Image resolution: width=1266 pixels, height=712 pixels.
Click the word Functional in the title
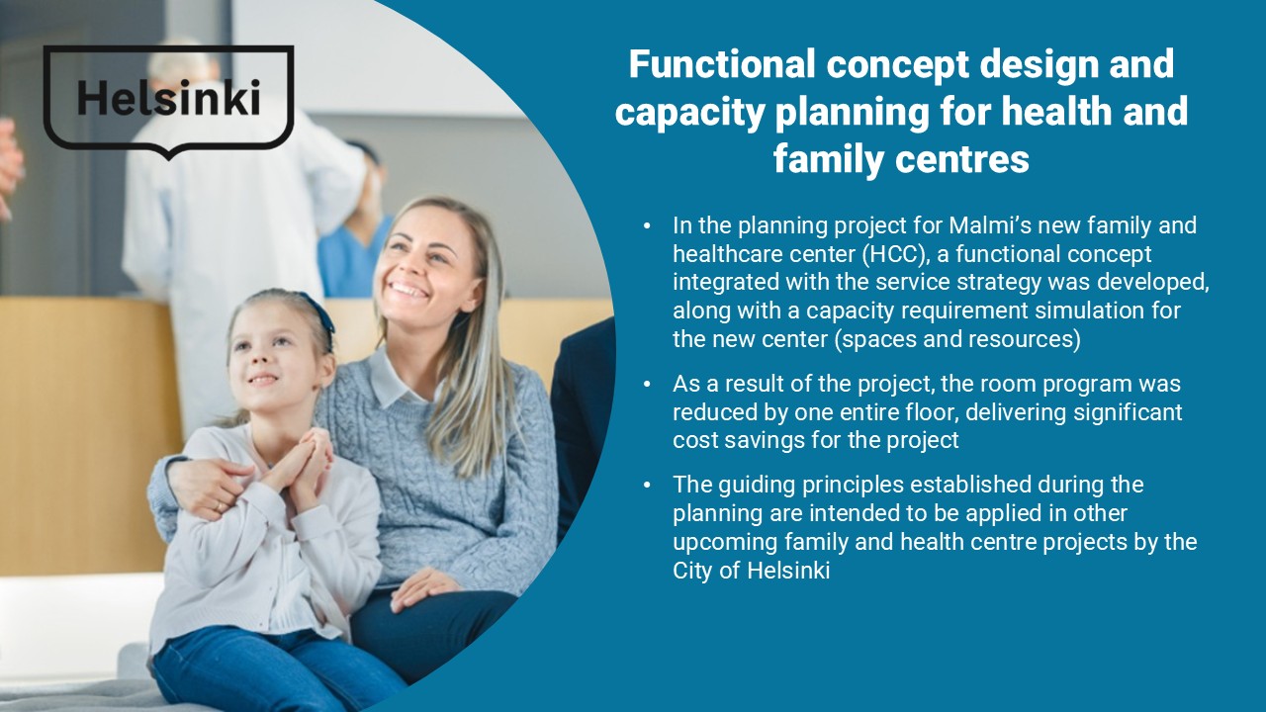(x=722, y=64)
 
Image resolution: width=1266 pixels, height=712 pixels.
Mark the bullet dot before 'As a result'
(x=648, y=385)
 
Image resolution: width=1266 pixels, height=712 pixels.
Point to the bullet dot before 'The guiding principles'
(x=648, y=486)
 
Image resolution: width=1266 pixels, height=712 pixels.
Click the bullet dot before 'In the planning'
(x=648, y=226)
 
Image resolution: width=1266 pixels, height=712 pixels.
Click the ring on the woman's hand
(x=219, y=507)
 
